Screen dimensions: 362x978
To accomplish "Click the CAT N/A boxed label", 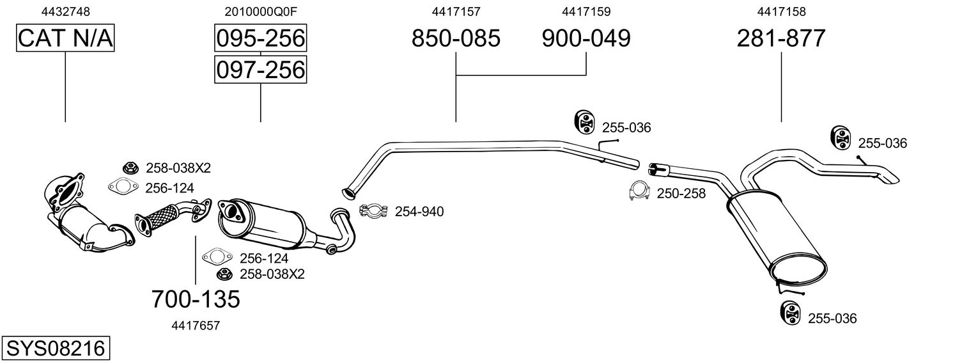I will point(65,38).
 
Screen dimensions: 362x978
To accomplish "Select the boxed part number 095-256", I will point(260,38).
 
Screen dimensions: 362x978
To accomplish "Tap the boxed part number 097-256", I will point(260,69).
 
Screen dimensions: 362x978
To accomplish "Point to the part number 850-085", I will point(456,38).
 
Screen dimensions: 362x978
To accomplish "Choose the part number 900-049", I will point(586,38).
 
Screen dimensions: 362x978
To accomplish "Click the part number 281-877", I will point(781,38).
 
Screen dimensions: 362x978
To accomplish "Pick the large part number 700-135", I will point(196,298).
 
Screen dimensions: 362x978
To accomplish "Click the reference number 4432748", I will point(65,12).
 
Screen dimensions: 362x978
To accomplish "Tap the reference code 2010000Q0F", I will point(260,12).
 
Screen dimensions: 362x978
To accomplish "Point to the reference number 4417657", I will point(196,326).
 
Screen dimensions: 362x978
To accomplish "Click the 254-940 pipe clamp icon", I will point(374,210).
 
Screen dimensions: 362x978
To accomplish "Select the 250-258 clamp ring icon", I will point(639,191).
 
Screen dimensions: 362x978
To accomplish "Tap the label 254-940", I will point(419,211).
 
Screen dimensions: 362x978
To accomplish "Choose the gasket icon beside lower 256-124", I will point(216,258).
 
